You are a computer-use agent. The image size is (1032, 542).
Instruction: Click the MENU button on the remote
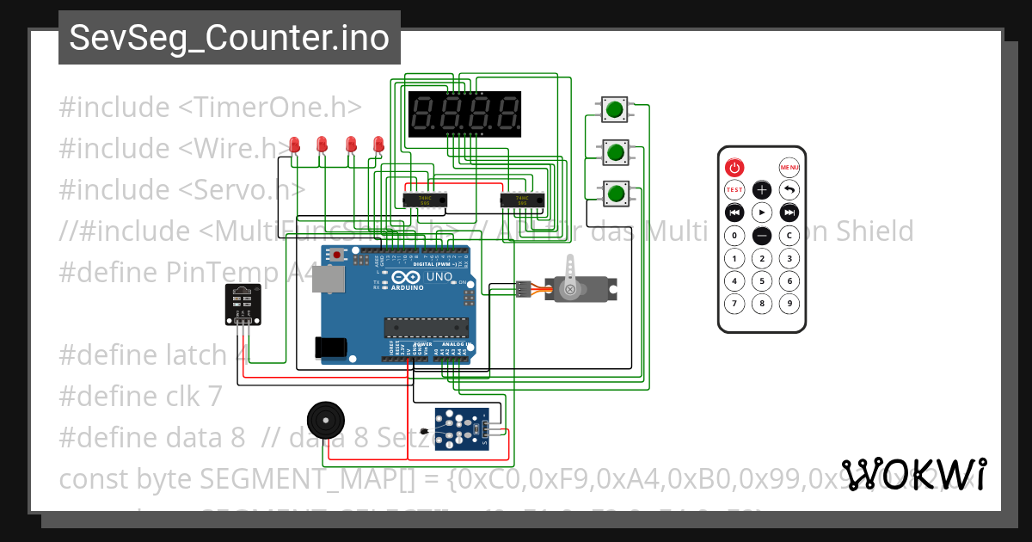[789, 167]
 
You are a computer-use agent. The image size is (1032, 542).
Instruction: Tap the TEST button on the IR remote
[734, 189]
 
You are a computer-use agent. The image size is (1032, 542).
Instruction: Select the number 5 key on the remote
[762, 280]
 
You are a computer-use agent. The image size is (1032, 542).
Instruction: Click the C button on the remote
[789, 235]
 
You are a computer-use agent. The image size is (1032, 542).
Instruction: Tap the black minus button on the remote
[762, 235]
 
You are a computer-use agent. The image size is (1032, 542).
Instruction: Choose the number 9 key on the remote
[789, 303]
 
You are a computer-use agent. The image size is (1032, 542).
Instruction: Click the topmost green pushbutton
[614, 110]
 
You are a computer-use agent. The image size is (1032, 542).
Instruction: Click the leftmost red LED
[295, 145]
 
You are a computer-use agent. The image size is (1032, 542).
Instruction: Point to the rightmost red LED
[378, 145]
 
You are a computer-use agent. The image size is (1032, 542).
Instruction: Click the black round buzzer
[324, 421]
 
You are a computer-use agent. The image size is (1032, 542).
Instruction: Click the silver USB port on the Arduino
[326, 279]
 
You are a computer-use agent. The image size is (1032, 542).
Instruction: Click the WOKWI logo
[913, 474]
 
